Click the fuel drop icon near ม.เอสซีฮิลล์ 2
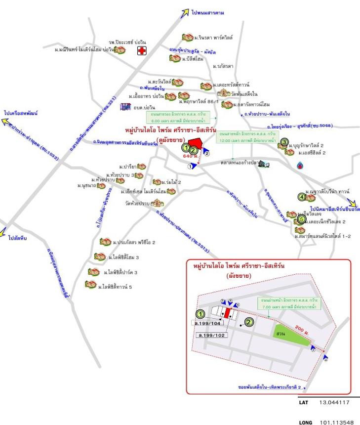click(301, 165)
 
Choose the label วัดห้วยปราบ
click(137, 203)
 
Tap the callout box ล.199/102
click(214, 335)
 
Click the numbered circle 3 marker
click(284, 142)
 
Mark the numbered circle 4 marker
click(302, 197)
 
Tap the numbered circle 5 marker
click(302, 219)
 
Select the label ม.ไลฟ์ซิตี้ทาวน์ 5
click(115, 286)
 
